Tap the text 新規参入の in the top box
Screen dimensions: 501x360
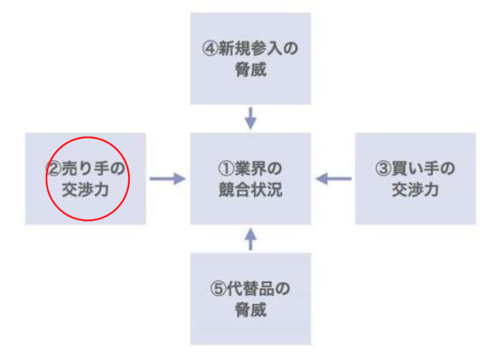(x=258, y=48)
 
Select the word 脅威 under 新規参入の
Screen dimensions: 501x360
(x=250, y=69)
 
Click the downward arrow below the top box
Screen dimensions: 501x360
(x=250, y=118)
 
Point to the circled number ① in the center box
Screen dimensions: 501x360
(x=226, y=169)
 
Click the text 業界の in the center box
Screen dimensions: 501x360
(x=258, y=169)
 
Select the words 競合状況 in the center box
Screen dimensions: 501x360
(x=250, y=190)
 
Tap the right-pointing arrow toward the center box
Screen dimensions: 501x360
(x=168, y=179)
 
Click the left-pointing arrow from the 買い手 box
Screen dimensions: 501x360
(x=333, y=179)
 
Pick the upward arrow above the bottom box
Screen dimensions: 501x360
(x=250, y=239)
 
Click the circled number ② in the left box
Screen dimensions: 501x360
(x=53, y=169)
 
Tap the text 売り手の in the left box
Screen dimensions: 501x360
(x=93, y=169)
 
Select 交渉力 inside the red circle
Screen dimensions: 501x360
(x=85, y=190)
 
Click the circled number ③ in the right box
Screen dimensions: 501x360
(x=384, y=169)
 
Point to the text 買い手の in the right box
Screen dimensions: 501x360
(x=423, y=169)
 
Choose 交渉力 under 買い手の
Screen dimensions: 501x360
(x=415, y=190)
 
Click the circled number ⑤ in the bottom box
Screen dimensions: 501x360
(x=218, y=289)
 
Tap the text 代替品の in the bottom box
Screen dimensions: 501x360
(x=258, y=289)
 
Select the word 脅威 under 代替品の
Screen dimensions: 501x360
(x=250, y=310)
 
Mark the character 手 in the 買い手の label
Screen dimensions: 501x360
(x=432, y=169)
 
